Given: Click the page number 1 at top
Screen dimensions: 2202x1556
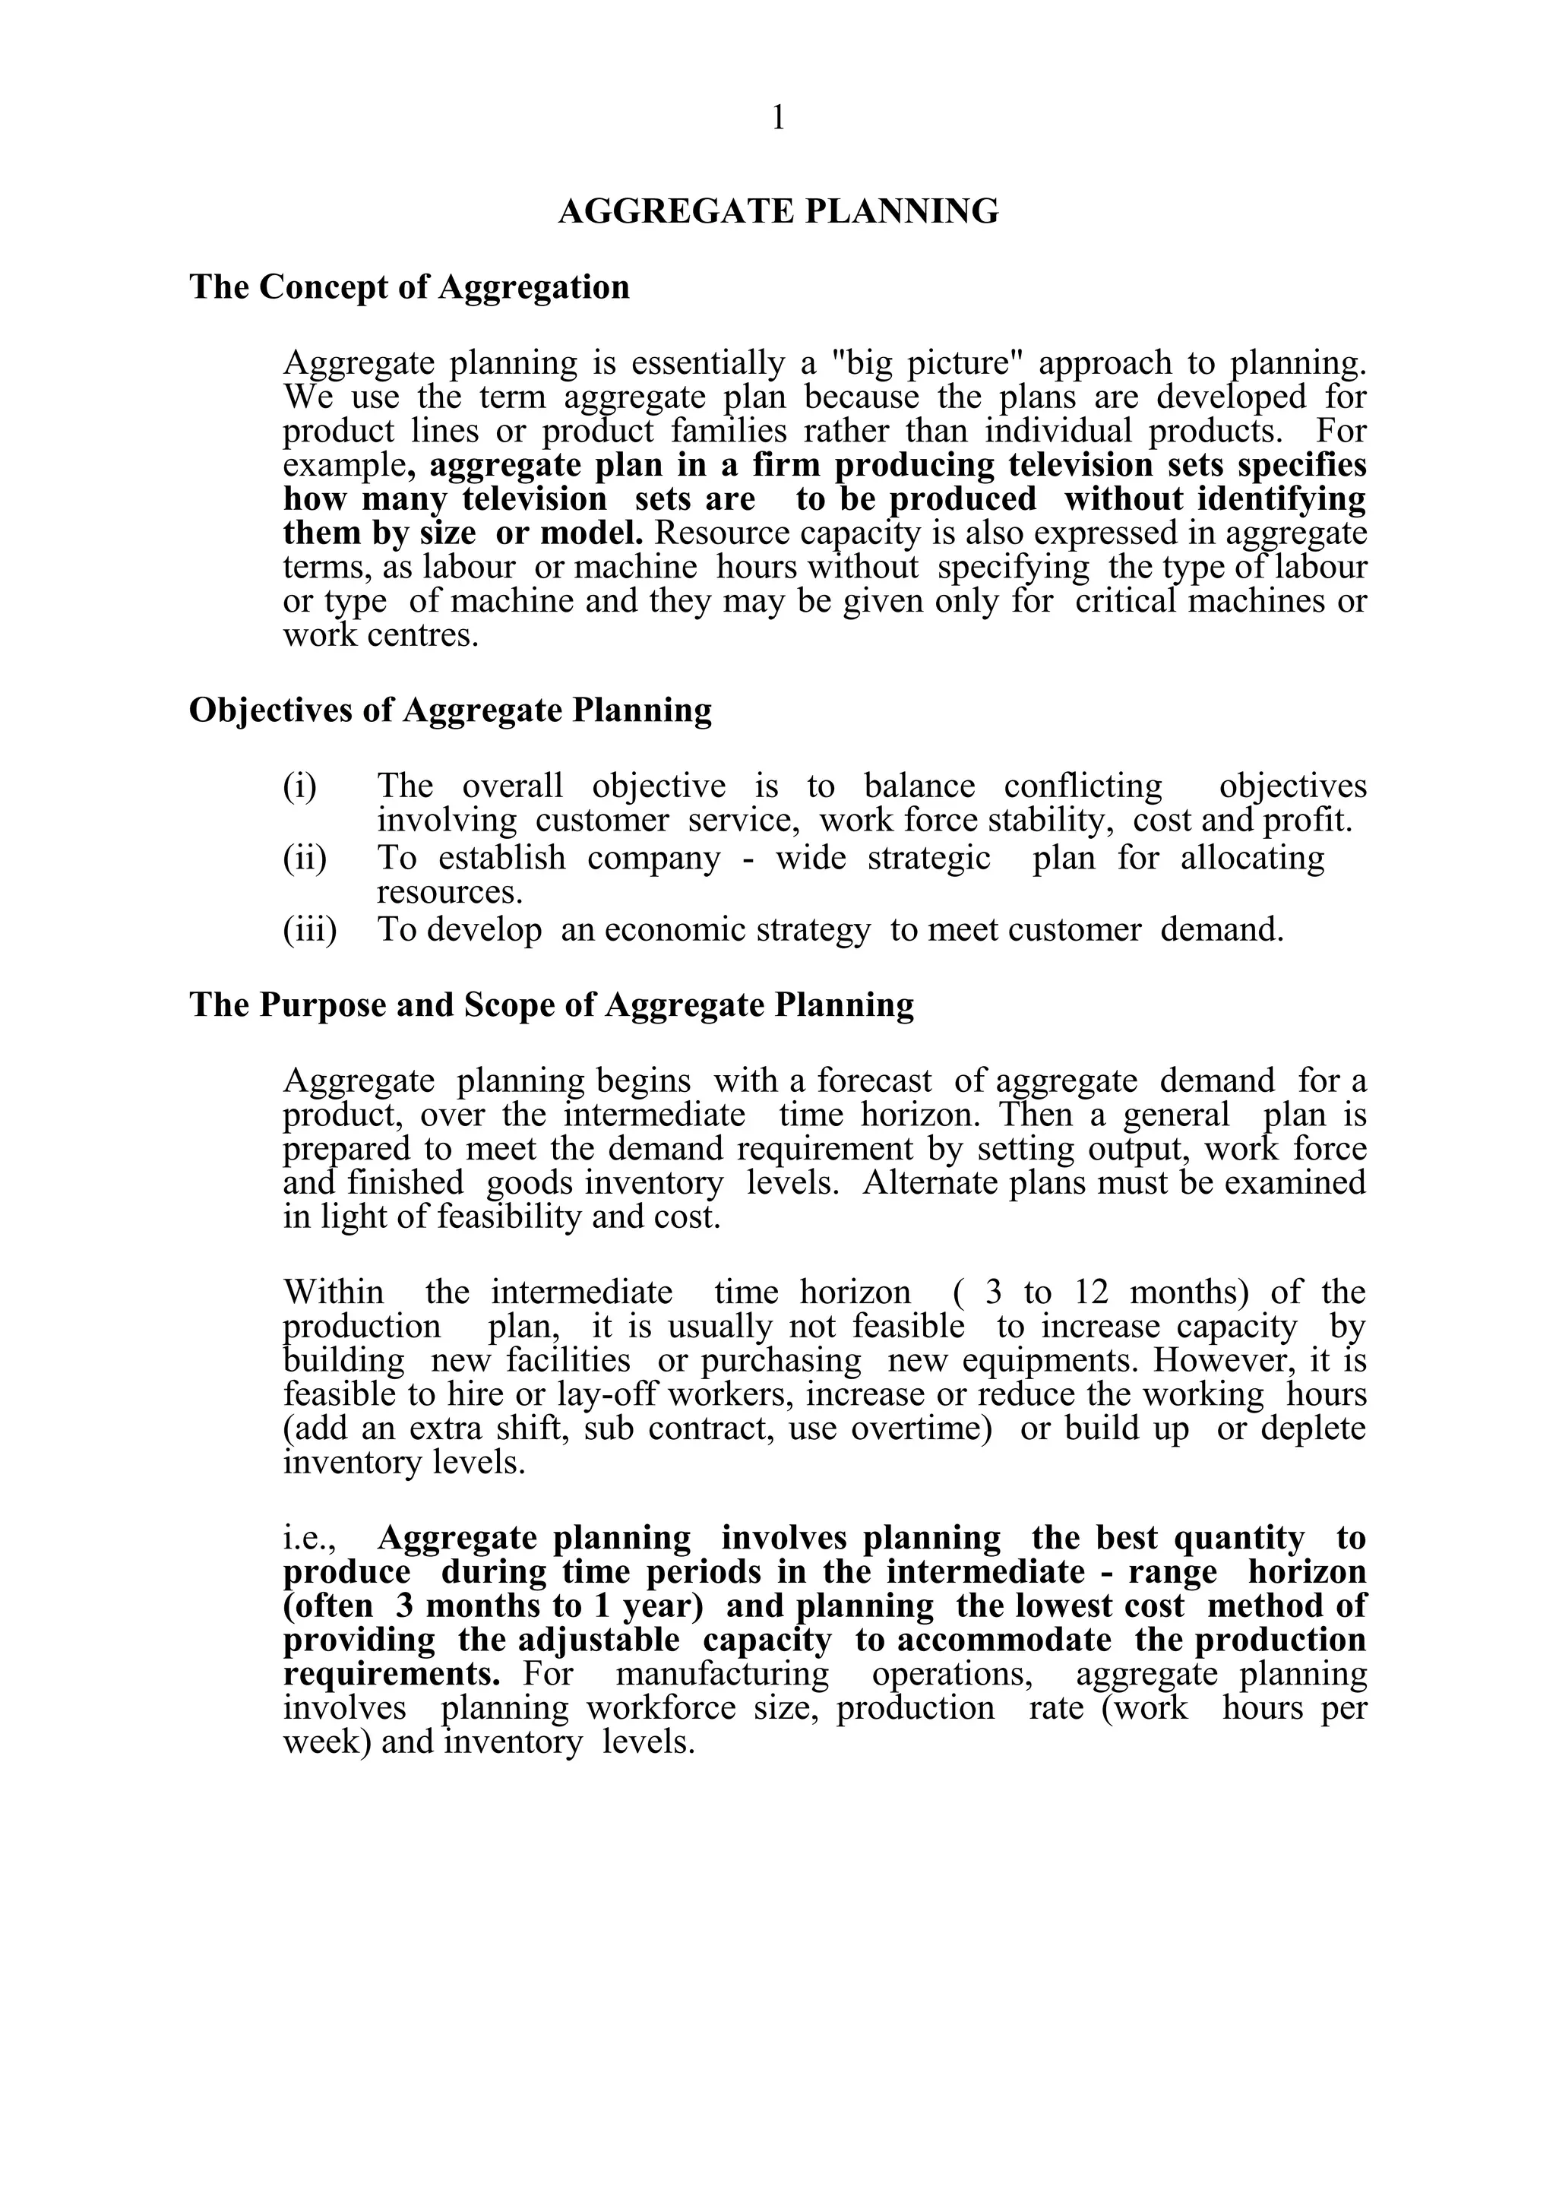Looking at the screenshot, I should click(x=777, y=118).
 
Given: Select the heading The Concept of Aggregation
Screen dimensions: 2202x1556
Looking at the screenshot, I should click(x=410, y=286).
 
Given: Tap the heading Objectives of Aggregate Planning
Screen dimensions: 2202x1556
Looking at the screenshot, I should click(x=451, y=710).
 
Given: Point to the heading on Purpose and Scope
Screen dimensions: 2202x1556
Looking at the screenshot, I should click(x=552, y=1005).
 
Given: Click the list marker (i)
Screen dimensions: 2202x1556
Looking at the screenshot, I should click(x=299, y=786).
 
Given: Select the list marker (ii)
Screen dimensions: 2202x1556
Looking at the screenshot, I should click(x=304, y=857).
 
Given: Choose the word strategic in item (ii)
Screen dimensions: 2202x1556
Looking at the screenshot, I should click(x=928, y=857).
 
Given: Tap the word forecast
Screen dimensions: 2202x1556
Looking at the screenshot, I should click(x=874, y=1080).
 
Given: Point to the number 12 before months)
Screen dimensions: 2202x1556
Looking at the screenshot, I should click(x=1091, y=1292).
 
